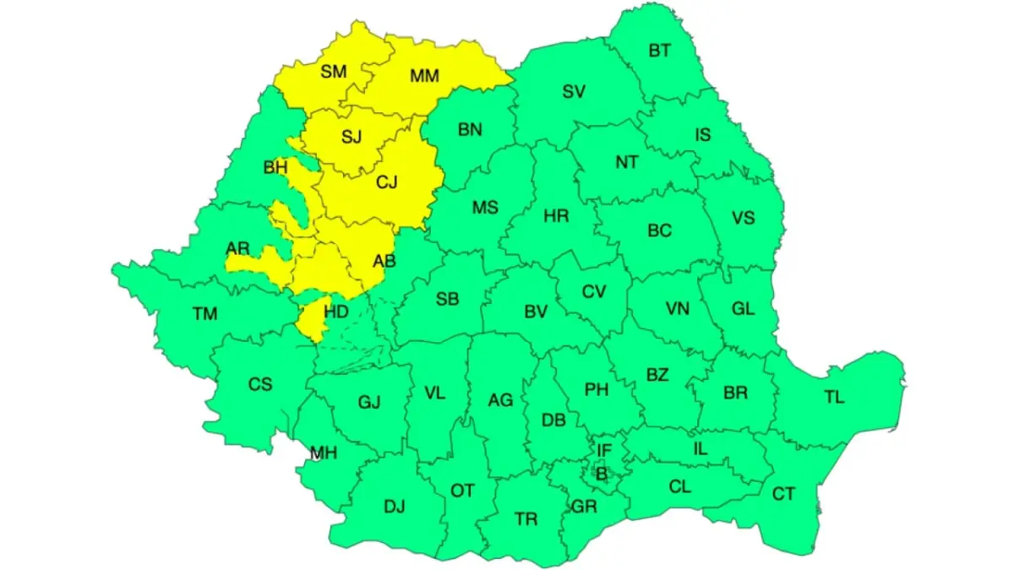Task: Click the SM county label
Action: click(334, 72)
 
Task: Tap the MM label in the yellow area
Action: click(424, 76)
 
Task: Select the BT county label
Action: click(660, 51)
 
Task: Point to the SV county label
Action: click(575, 92)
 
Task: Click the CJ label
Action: click(386, 181)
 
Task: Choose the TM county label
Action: click(204, 314)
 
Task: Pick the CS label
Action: click(260, 384)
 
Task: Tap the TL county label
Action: click(834, 396)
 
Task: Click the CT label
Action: click(783, 494)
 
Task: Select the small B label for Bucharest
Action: click(602, 475)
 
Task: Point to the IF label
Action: click(603, 451)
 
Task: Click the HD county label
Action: click(336, 312)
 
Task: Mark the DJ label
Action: click(395, 507)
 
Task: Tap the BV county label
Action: click(536, 312)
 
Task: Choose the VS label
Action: click(743, 218)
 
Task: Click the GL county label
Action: click(743, 308)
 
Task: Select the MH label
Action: click(323, 453)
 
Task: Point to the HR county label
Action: click(556, 216)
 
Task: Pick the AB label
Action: click(384, 262)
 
